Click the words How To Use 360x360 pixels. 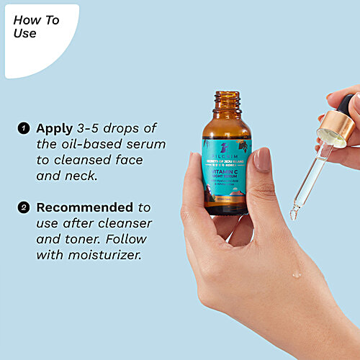(x=36, y=27)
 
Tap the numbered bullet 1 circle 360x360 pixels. (x=24, y=129)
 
